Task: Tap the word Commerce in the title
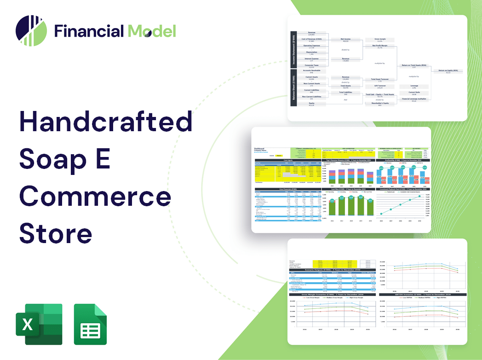point(95,197)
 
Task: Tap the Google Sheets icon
point(91,324)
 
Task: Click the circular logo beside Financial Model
point(31,31)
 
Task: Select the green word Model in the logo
point(151,31)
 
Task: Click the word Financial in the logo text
point(89,31)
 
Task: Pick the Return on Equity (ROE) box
point(448,71)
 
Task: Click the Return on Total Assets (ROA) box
point(414,66)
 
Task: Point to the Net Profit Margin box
point(380,46)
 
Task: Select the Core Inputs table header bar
point(288,161)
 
